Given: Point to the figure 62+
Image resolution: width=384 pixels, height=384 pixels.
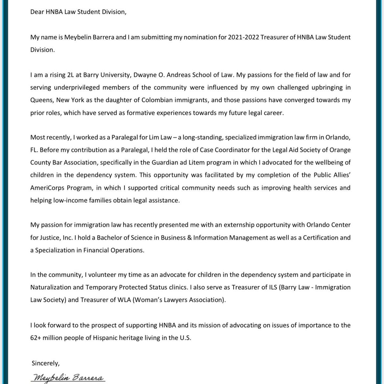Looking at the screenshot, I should pyautogui.click(x=36, y=338).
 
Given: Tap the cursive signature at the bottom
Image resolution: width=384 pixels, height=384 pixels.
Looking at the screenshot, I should pyautogui.click(x=68, y=378).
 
